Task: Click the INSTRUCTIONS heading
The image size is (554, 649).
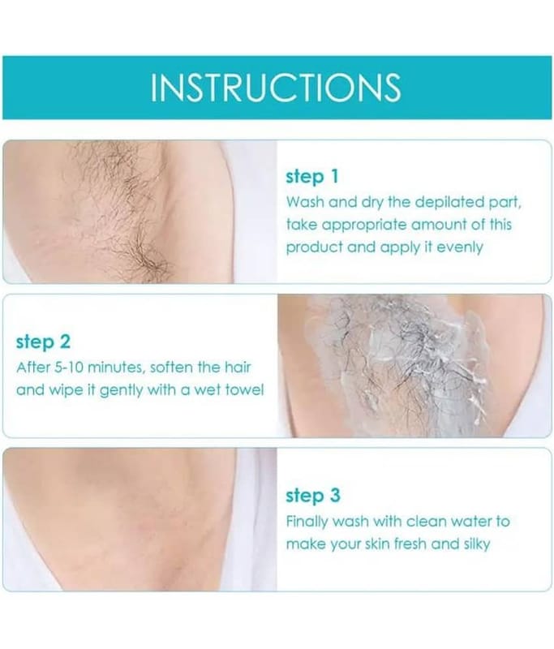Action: (x=276, y=88)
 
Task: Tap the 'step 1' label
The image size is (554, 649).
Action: (x=312, y=177)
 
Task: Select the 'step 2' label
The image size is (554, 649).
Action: (x=43, y=342)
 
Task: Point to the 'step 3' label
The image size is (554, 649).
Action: (x=313, y=496)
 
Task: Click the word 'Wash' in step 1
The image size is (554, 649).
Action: (x=302, y=202)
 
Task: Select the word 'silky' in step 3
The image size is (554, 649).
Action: (x=477, y=544)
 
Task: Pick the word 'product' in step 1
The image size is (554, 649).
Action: (x=315, y=248)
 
